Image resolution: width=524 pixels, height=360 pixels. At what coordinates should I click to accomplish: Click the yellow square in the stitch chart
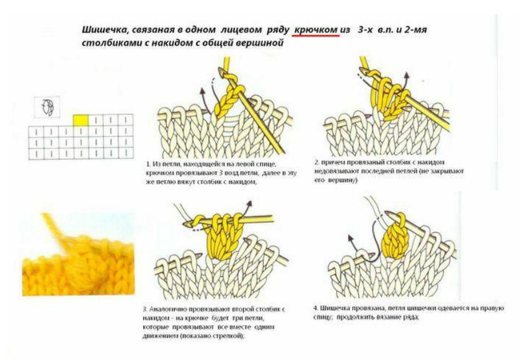pyautogui.click(x=81, y=120)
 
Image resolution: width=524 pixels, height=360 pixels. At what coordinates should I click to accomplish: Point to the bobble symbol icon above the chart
pyautogui.click(x=47, y=107)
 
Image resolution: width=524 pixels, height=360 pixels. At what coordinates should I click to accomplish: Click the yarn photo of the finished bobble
pyautogui.click(x=79, y=254)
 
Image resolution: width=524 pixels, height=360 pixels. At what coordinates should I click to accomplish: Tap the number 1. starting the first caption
pyautogui.click(x=148, y=164)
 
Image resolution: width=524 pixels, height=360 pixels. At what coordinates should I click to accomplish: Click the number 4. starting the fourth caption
pyautogui.click(x=316, y=308)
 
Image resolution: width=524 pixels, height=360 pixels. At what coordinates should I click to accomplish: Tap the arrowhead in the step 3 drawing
pyautogui.click(x=249, y=204)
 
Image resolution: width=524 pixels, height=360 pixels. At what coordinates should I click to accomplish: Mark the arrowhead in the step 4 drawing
pyautogui.click(x=350, y=238)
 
